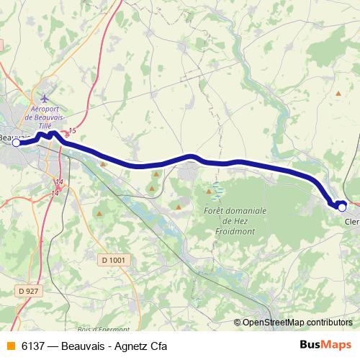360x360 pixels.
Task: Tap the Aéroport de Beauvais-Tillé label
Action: tap(45, 115)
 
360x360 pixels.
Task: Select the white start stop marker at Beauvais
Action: tap(16, 143)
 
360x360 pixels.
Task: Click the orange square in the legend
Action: tap(10, 346)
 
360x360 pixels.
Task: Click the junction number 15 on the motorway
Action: tap(73, 130)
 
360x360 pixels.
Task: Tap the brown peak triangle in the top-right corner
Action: tap(338, 93)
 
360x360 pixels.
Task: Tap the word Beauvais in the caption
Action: tap(81, 346)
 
